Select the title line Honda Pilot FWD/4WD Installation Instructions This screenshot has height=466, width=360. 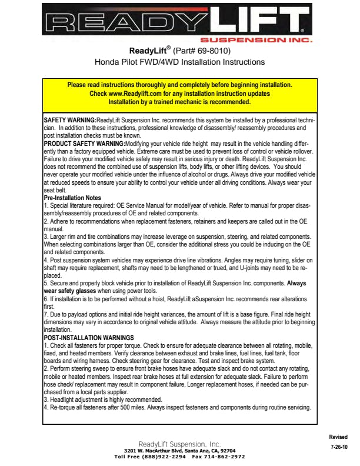click(x=179, y=62)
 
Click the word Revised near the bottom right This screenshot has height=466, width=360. click(x=338, y=437)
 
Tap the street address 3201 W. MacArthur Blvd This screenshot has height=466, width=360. click(x=153, y=451)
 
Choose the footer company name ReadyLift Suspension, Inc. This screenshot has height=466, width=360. click(x=179, y=444)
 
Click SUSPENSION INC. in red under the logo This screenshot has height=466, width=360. click(x=264, y=42)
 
